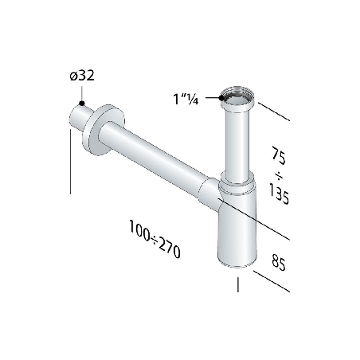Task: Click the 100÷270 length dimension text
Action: click(155, 238)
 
